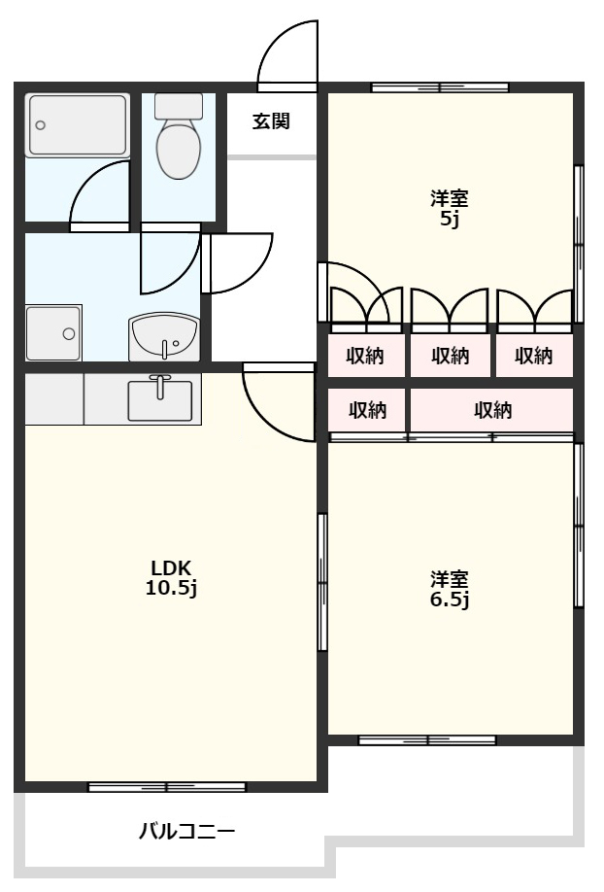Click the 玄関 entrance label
(271, 121)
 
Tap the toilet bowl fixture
(179, 148)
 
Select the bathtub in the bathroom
(77, 125)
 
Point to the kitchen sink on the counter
(160, 399)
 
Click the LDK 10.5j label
(171, 578)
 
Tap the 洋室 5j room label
(450, 209)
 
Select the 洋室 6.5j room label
(450, 590)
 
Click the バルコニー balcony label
(187, 833)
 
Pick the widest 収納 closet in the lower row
(492, 410)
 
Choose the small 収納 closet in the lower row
(367, 410)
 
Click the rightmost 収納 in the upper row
(533, 356)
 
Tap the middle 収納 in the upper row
(450, 356)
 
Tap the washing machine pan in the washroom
(54, 333)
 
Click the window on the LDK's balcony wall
(167, 787)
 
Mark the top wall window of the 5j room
(440, 87)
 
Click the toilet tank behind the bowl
(179, 106)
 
